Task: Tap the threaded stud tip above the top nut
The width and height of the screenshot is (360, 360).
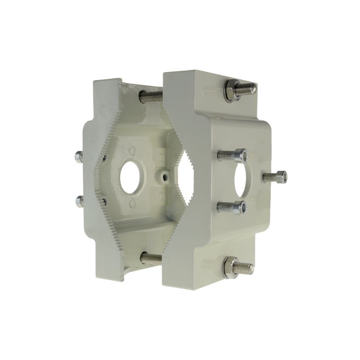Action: coord(249,88)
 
